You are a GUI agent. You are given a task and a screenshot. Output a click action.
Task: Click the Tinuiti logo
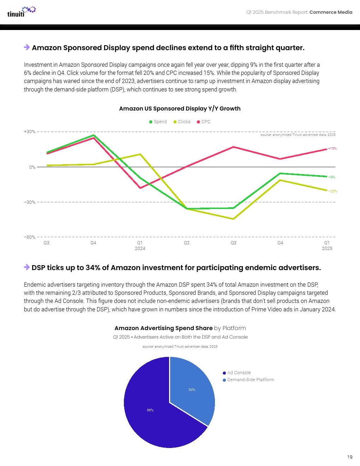click(x=21, y=12)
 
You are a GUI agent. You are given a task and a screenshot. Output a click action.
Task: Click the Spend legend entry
click(x=158, y=122)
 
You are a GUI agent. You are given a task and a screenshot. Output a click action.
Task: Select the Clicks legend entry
click(x=182, y=122)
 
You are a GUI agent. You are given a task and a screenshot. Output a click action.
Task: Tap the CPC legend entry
click(x=204, y=122)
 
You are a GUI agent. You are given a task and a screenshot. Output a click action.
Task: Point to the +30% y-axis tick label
click(x=30, y=132)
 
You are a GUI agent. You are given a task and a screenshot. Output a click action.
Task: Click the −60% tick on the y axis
click(x=30, y=237)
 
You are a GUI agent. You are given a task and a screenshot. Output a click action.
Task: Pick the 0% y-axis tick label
click(x=32, y=167)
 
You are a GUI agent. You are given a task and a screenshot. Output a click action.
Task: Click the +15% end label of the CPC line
click(x=332, y=149)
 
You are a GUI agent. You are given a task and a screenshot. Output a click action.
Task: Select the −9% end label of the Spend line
click(x=332, y=177)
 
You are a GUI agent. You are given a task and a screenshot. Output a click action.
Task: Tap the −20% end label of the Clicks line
click(x=332, y=191)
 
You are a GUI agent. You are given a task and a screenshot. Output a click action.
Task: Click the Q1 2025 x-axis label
click(x=327, y=245)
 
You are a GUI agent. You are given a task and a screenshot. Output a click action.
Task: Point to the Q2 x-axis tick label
click(x=187, y=243)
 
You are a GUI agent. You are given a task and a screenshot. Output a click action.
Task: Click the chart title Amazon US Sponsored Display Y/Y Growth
click(x=180, y=109)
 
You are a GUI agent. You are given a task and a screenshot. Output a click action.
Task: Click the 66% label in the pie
click(x=150, y=410)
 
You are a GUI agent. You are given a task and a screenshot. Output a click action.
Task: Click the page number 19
click(x=350, y=457)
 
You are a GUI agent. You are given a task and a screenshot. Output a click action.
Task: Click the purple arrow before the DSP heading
click(x=27, y=267)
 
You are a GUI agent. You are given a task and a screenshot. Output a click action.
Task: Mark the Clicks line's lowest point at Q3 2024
click(x=234, y=219)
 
